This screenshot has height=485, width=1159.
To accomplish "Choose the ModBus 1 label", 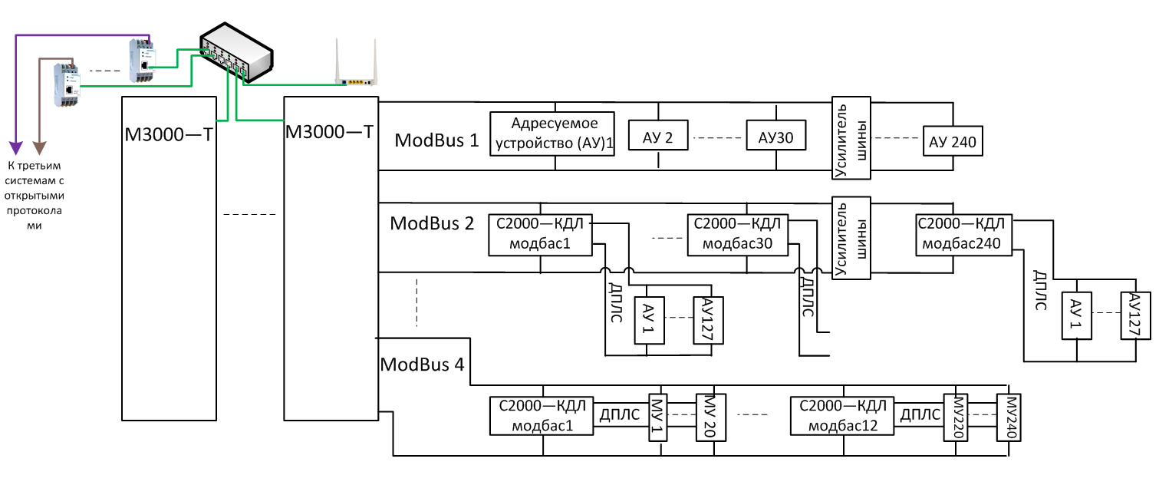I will coord(436,140).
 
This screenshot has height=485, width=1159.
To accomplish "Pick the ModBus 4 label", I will coord(422,364).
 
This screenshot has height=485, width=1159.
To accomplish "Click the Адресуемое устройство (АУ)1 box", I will coord(554,134).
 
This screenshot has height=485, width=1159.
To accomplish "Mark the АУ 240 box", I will coord(952,140).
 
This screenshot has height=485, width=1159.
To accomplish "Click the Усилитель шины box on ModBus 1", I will coord(851,138).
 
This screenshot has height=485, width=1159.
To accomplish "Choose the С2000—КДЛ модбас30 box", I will coord(738,234).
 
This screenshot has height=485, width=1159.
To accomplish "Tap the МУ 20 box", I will coord(705,417).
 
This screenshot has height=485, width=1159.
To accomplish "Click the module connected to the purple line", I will coord(143,61).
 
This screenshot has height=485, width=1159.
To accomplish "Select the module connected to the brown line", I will coord(65,84).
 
